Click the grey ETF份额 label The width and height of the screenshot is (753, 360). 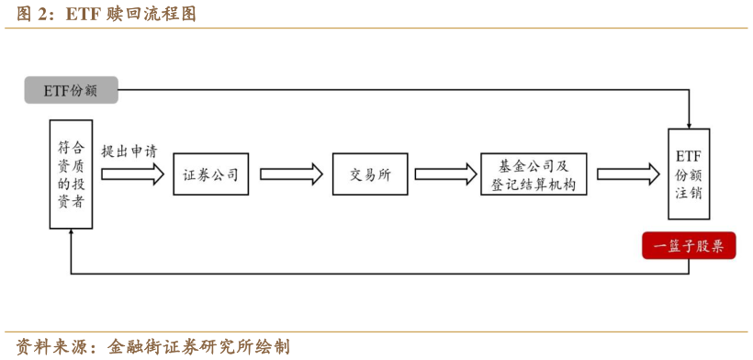(x=71, y=90)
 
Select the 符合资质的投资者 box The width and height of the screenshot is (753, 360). (x=71, y=174)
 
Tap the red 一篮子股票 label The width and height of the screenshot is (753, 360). (x=688, y=246)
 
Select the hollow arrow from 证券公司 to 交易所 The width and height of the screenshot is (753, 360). (x=292, y=174)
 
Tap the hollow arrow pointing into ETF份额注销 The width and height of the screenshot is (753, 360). (x=627, y=174)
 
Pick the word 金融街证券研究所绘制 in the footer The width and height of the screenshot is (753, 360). (x=198, y=346)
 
